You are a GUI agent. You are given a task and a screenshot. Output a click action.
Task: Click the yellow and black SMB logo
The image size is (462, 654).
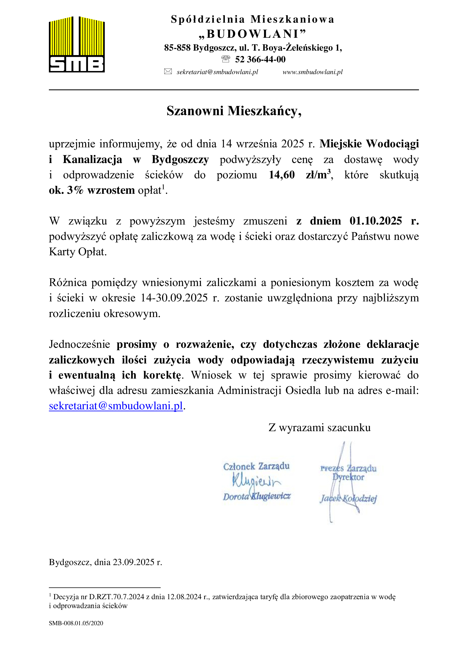click(x=77, y=44)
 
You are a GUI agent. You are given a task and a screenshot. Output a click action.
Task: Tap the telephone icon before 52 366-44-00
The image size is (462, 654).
click(x=226, y=59)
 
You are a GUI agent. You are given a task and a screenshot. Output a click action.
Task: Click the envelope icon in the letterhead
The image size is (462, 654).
click(x=168, y=72)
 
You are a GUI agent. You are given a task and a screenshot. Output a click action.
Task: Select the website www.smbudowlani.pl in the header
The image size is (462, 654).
click(x=312, y=72)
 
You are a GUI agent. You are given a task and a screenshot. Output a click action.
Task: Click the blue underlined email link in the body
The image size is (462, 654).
click(x=116, y=406)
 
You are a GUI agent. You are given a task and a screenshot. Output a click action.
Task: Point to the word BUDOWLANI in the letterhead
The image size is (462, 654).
click(x=252, y=34)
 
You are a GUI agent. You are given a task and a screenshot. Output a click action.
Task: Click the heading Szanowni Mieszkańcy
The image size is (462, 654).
click(x=234, y=111)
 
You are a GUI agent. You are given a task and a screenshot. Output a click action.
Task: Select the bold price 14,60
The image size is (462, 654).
click(x=282, y=174)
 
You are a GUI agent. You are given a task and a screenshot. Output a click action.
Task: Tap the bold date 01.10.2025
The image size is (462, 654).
click(x=375, y=221)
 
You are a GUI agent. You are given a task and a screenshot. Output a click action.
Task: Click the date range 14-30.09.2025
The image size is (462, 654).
click(x=174, y=298)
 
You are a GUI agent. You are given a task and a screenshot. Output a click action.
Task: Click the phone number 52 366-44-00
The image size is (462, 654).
click(x=260, y=59)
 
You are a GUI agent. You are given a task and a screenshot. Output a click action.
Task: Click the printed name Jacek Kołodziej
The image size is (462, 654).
click(x=349, y=499)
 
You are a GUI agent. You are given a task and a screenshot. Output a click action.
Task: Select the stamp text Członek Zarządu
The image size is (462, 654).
click(x=256, y=466)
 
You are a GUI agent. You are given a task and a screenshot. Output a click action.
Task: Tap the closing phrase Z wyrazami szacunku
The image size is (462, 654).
click(x=320, y=428)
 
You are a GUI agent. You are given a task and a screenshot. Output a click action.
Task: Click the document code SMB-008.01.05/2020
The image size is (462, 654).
click(x=76, y=623)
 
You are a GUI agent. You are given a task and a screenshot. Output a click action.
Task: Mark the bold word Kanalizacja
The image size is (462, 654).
click(x=92, y=159)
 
